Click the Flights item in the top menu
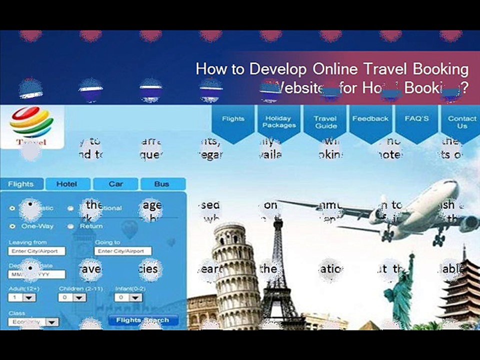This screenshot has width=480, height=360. [233, 119]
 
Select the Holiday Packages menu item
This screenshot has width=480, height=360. [278, 121]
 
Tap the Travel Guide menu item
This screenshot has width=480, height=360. [325, 121]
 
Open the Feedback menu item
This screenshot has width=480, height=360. [370, 119]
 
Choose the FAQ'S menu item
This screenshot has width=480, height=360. [416, 119]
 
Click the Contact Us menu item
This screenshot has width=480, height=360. [461, 121]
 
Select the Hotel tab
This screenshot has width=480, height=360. [67, 184]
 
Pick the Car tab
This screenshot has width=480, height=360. [115, 184]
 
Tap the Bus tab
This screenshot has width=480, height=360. [161, 184]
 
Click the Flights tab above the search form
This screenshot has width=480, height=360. [20, 184]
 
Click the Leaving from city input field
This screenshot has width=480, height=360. [36, 251]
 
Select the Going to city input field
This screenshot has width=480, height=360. [122, 251]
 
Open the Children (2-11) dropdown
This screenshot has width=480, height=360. [72, 297]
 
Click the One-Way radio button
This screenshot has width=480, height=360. [12, 226]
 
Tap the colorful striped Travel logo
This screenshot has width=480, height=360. [31, 122]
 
